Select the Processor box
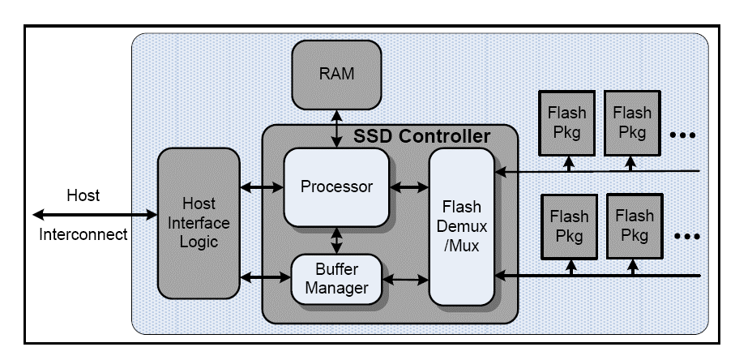click(x=336, y=186)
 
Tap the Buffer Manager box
click(x=336, y=278)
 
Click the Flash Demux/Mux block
click(x=461, y=226)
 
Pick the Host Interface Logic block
click(x=195, y=223)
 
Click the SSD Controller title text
click(x=421, y=135)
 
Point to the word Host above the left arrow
click(x=83, y=195)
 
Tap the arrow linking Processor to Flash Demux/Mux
click(x=408, y=187)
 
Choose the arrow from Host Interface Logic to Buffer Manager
click(x=264, y=279)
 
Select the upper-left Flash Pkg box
click(x=567, y=120)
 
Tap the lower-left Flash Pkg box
click(x=569, y=225)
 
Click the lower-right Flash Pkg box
click(x=635, y=225)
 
